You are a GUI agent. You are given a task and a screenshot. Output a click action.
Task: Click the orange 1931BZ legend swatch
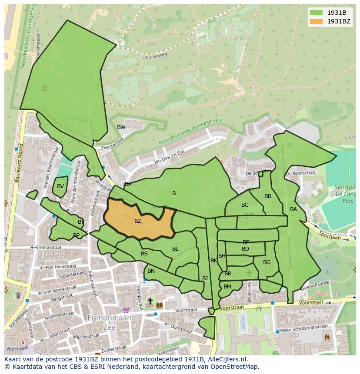pyautogui.click(x=317, y=21)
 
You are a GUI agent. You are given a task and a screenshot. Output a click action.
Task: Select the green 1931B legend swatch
pyautogui.click(x=317, y=12)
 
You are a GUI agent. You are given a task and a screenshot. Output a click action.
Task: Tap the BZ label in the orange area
pyautogui.click(x=138, y=221)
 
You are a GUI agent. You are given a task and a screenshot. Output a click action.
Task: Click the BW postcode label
pyautogui.click(x=121, y=127)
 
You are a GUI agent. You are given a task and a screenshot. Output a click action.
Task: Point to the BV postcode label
pyautogui.click(x=60, y=186)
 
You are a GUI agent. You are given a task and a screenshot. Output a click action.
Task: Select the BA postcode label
pyautogui.click(x=293, y=209)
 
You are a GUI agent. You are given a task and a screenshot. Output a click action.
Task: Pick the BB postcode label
pyautogui.click(x=268, y=196)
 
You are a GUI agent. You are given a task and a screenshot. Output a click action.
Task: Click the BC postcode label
pyautogui.click(x=245, y=205)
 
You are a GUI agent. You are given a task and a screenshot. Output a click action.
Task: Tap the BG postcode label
pyautogui.click(x=267, y=262)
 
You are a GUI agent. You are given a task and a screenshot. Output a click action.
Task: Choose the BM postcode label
pyautogui.click(x=227, y=287)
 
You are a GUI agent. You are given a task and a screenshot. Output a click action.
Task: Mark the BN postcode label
pyautogui.click(x=151, y=271)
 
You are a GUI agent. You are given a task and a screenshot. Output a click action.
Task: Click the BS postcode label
pyautogui.click(x=144, y=254)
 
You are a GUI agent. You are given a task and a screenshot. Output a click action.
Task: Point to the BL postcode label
pyautogui.click(x=175, y=249)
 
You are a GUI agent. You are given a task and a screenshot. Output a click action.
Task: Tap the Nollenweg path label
pyautogui.click(x=156, y=56)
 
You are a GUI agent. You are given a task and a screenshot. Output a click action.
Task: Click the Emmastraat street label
pyautogui.click(x=48, y=247)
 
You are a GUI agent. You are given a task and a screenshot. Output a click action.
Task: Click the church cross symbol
pyautogui.click(x=150, y=301)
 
